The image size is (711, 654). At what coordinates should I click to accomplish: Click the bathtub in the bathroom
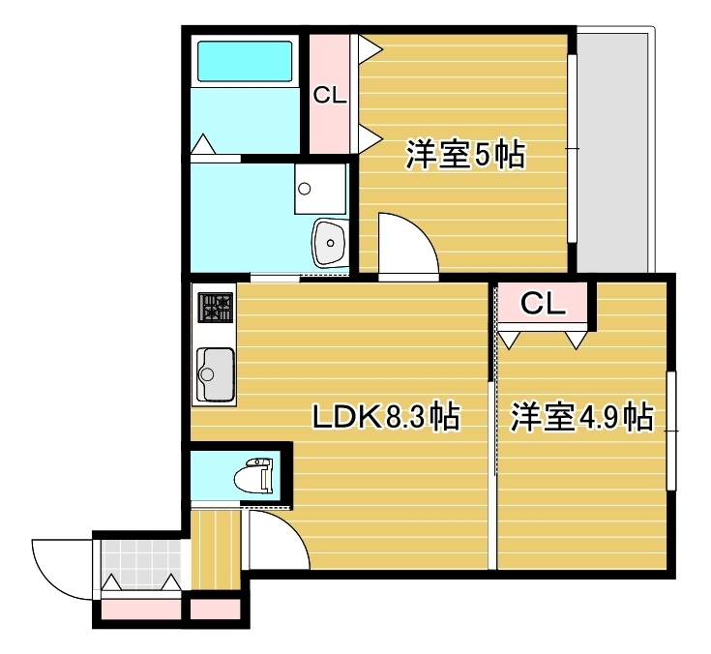pyautogui.click(x=245, y=60)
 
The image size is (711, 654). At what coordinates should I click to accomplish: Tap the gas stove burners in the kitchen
pyautogui.click(x=216, y=309)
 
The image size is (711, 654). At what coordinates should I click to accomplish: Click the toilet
pyautogui.click(x=256, y=476)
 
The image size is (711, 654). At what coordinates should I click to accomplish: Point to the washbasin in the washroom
pyautogui.click(x=330, y=240)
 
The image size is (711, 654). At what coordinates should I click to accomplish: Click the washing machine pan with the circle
pyautogui.click(x=320, y=188)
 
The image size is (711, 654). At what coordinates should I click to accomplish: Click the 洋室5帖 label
pyautogui.click(x=464, y=155)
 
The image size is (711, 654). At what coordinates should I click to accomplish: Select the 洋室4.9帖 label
pyautogui.click(x=580, y=417)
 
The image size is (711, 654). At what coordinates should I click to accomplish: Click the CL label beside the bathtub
pyautogui.click(x=328, y=95)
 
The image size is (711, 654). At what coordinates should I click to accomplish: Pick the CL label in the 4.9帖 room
pyautogui.click(x=543, y=304)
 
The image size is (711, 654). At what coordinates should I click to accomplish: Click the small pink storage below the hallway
pyautogui.click(x=215, y=610)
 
